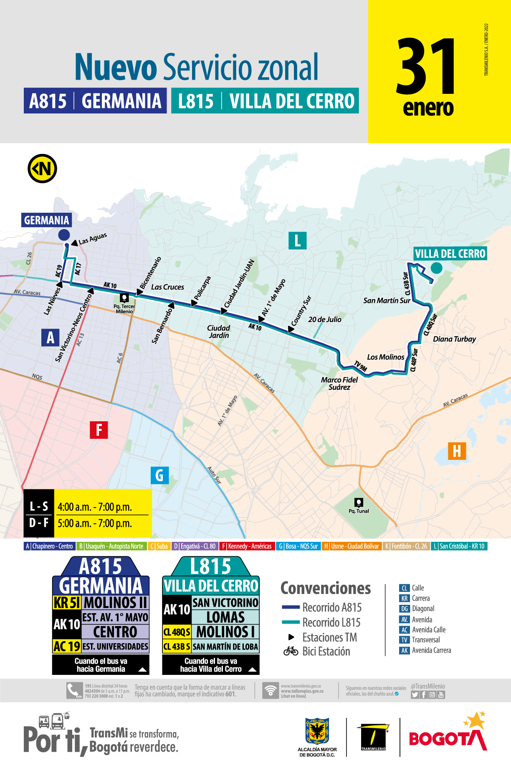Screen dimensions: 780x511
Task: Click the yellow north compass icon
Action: point(42,169)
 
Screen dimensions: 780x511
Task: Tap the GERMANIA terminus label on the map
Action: point(46,220)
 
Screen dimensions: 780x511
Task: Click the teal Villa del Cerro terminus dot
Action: point(436,268)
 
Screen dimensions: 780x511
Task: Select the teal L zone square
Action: point(297,241)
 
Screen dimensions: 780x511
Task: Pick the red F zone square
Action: point(99,430)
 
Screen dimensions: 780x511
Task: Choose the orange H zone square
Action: point(457,451)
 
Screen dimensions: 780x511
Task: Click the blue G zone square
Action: point(159,475)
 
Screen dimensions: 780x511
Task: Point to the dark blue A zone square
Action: point(51,337)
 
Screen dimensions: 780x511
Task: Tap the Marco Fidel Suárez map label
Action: point(339,383)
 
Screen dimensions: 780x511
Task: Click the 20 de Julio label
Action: point(324,320)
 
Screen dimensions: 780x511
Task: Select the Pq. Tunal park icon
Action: point(359,502)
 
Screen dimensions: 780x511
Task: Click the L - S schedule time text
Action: point(95,507)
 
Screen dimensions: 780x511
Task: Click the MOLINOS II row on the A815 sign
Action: point(116,603)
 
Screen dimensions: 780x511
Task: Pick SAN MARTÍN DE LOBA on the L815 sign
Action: point(225,647)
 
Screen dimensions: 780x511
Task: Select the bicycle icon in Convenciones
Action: point(291,651)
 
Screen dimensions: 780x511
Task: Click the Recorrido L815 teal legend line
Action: point(291,622)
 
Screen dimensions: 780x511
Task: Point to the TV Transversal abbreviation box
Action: point(404,640)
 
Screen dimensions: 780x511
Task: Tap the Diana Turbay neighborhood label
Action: point(454,339)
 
